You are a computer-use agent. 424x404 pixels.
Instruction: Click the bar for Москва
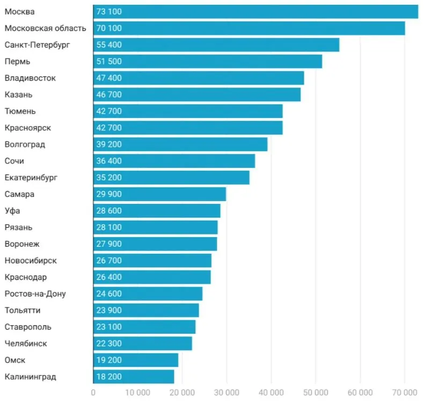[256, 12]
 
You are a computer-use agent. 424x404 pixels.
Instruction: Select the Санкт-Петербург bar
[216, 45]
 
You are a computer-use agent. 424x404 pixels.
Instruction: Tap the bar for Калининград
[134, 377]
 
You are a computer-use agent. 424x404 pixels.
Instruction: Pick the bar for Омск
[136, 360]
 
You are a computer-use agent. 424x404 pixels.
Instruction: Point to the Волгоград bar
[180, 144]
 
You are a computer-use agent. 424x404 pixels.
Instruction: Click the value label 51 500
[109, 61]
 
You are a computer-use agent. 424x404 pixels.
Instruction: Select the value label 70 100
[109, 28]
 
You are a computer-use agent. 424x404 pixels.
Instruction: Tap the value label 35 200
[109, 178]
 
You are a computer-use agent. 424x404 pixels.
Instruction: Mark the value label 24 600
[109, 293]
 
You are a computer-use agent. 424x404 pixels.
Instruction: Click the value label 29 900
[109, 194]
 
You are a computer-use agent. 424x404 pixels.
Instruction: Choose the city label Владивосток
[30, 78]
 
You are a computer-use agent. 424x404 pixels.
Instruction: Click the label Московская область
[46, 28]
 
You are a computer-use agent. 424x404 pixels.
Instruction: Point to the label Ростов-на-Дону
[35, 293]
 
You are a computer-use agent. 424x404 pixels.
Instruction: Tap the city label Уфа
[12, 211]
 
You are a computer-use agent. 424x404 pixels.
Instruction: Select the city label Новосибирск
[31, 261]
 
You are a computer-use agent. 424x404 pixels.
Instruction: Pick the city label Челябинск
[26, 343]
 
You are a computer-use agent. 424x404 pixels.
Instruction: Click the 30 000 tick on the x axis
[226, 392]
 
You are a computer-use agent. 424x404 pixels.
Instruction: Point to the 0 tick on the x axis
[93, 392]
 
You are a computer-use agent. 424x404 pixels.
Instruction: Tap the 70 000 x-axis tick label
[405, 392]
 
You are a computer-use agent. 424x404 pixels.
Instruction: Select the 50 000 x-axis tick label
[316, 392]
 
